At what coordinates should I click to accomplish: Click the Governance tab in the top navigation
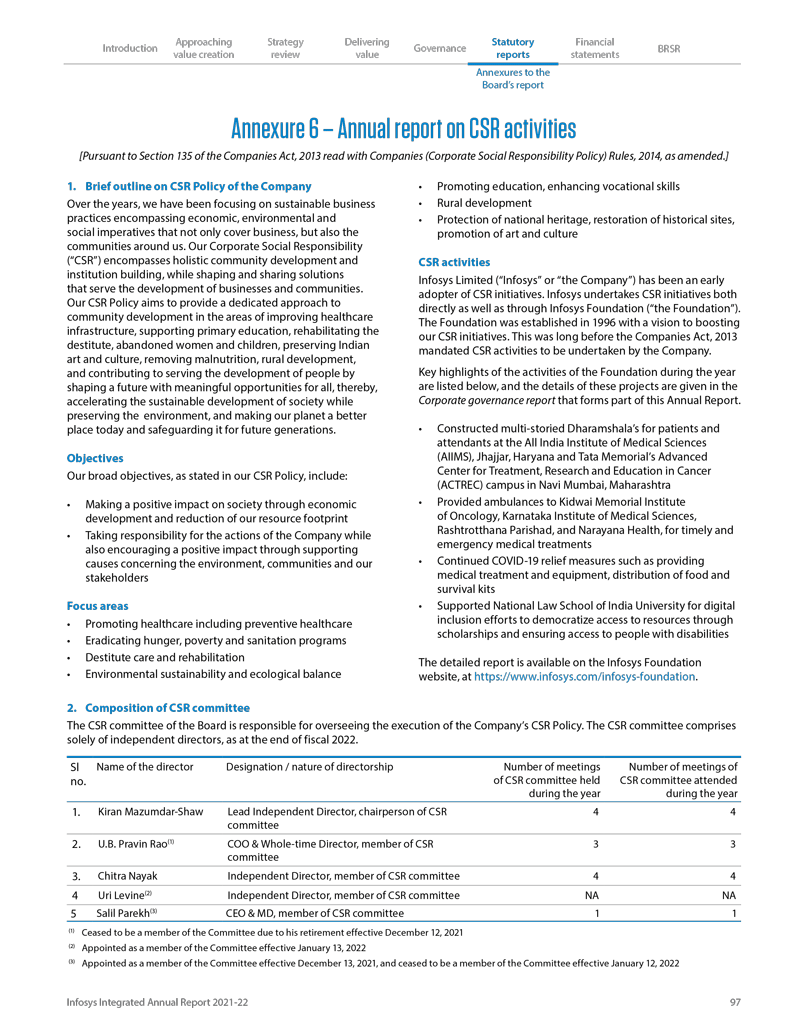click(x=439, y=48)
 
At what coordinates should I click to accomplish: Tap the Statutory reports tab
click(x=513, y=48)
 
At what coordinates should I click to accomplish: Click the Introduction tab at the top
click(x=130, y=48)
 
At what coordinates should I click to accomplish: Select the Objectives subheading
click(x=95, y=458)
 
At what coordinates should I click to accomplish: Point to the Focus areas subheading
click(x=97, y=605)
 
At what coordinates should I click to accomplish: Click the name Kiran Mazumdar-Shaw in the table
click(x=151, y=812)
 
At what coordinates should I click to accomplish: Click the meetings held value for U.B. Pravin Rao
click(x=596, y=844)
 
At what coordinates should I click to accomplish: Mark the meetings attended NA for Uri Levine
click(x=729, y=895)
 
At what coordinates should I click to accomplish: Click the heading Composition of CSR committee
click(x=157, y=707)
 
